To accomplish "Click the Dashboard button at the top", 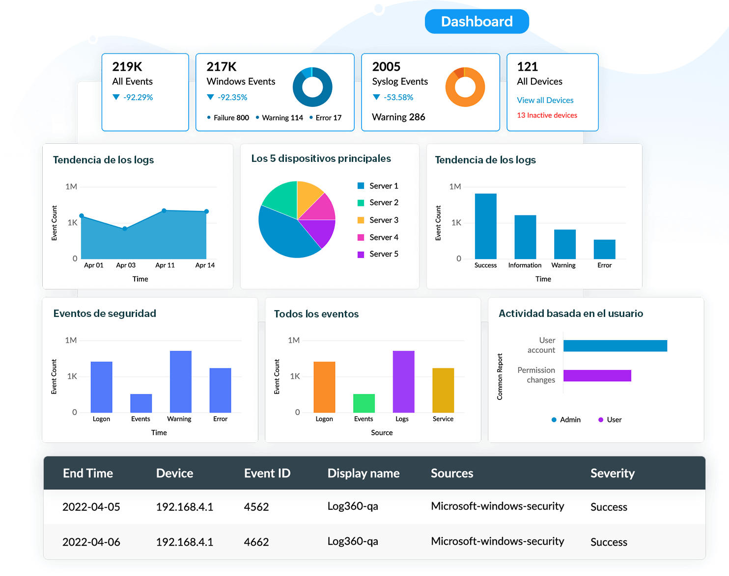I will coord(477,22).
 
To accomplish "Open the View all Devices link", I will coord(545,100).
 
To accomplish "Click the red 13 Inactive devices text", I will coord(547,115).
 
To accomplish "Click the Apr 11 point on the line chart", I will coord(164,210).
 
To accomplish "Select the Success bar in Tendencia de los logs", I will coord(485,226).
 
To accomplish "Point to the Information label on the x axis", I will coord(525,265).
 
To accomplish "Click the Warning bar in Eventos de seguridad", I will coord(180,381).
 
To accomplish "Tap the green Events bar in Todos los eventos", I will coord(364,403).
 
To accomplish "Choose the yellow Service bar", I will coord(443,390).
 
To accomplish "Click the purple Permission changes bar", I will coord(597,375).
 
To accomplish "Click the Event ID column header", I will coord(267,473).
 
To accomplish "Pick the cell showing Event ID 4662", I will coord(256,542).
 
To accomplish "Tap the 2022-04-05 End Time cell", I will coord(91,507).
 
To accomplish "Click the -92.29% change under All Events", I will coord(138,98).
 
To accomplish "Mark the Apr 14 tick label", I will coord(205,265).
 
